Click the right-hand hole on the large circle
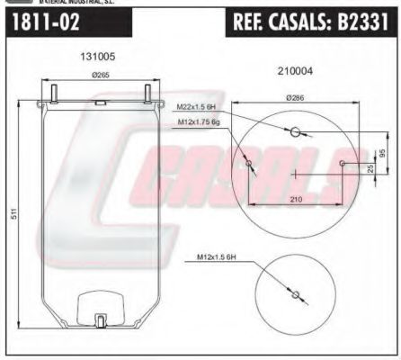click(343, 163)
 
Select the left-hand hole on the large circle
click(248, 164)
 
